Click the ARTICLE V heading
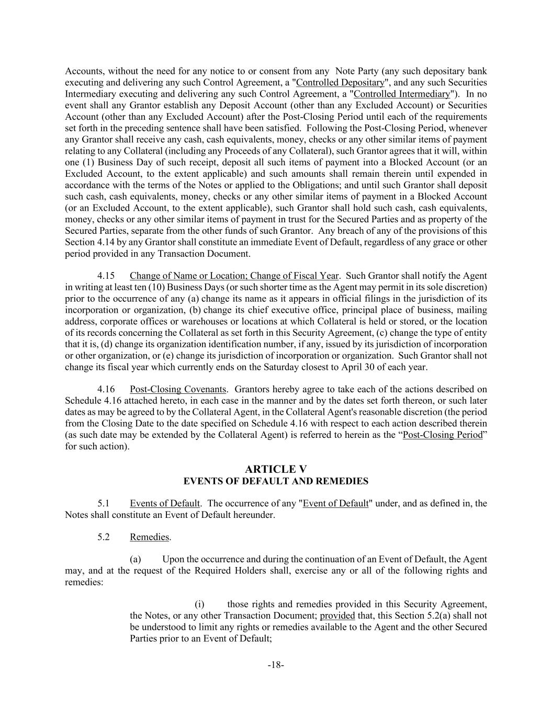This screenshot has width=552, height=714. pos(276,469)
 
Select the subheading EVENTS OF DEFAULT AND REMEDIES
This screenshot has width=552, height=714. pos(276,481)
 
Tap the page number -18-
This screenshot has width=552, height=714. pos(276,665)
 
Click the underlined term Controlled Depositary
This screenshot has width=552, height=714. pos(340,83)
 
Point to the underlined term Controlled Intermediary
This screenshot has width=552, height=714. pos(402,94)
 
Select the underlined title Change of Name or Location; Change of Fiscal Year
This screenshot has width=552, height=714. pos(234,276)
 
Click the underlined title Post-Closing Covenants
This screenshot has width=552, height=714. pos(178,389)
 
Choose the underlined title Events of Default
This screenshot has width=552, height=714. pos(164,503)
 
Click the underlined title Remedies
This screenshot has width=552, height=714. pos(149,537)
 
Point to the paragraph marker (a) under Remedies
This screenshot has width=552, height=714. pos(136,559)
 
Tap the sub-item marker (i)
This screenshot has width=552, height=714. pos(199,604)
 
